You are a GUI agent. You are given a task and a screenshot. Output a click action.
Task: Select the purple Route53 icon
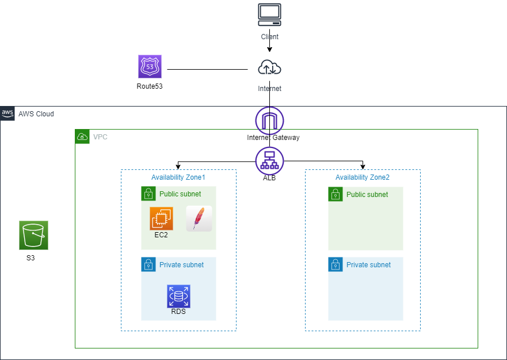[x=150, y=67]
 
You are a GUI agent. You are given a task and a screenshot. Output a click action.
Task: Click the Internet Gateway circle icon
[x=269, y=120]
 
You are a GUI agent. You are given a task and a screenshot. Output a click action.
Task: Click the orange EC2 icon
[x=161, y=218]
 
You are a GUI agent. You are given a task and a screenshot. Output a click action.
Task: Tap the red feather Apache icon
[x=199, y=218]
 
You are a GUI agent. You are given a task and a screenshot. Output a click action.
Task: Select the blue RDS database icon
[x=178, y=296]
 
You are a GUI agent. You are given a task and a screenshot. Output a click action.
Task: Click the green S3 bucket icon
[x=33, y=235]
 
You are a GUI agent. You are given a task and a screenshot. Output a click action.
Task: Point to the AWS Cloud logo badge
[x=7, y=113]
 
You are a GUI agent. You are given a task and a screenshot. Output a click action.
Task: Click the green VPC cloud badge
[x=82, y=137]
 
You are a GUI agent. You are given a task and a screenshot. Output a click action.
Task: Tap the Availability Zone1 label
[x=178, y=177]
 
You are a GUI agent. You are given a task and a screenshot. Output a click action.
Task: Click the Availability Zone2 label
[x=363, y=177]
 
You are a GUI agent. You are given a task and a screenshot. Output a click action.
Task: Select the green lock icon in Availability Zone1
[x=148, y=194]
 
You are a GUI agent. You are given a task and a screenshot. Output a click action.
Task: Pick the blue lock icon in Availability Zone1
[x=148, y=264]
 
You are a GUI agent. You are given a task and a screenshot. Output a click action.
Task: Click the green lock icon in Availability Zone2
[x=336, y=194]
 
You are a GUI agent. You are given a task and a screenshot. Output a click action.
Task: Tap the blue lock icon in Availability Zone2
[x=336, y=264]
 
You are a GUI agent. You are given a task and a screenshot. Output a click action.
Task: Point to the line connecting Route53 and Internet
[x=207, y=70]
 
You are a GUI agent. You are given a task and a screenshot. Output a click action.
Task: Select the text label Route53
[x=150, y=86]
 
